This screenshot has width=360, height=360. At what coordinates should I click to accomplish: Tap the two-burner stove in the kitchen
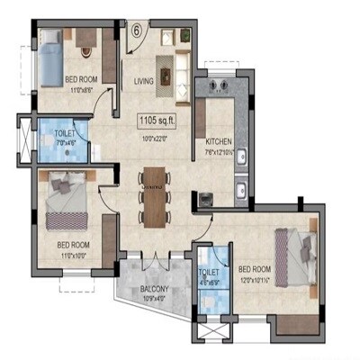[217, 86]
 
